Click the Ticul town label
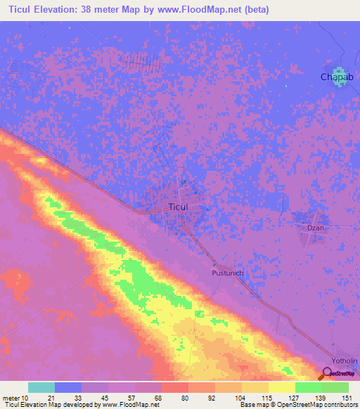[x=179, y=207]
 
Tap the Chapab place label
[x=335, y=77]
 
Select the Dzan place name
[x=315, y=228]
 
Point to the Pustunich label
[x=227, y=271]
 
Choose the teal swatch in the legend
[x=41, y=387]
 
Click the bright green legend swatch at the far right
[x=335, y=387]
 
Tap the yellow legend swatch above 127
[x=282, y=387]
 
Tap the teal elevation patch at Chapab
[x=340, y=77]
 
